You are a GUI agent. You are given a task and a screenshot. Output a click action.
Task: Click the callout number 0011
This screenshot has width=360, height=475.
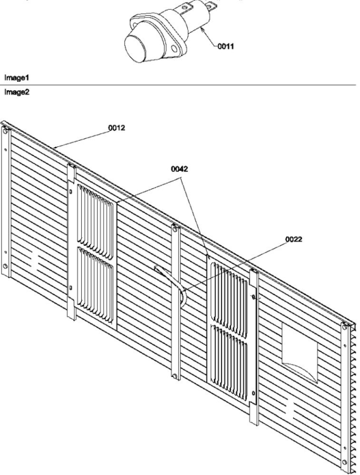click(225, 46)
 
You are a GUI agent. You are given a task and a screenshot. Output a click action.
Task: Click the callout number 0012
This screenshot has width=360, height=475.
click(117, 128)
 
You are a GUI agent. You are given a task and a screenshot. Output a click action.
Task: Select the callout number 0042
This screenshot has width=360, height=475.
click(179, 169)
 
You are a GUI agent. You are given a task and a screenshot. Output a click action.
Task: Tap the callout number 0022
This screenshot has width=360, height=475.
click(293, 239)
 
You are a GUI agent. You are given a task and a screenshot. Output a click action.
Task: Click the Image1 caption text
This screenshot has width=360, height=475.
click(16, 78)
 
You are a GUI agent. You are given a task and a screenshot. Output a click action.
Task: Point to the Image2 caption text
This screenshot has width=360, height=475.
click(16, 92)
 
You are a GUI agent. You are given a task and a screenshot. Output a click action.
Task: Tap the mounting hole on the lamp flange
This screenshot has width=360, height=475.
click(174, 48)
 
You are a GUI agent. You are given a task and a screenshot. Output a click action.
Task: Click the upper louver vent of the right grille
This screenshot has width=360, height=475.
click(229, 300)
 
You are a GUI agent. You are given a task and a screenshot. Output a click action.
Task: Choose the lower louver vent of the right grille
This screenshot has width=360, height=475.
click(229, 363)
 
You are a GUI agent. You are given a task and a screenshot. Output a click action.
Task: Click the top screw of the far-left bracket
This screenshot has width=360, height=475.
click(5, 131)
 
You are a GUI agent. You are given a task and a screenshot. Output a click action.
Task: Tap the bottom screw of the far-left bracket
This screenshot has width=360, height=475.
click(5, 266)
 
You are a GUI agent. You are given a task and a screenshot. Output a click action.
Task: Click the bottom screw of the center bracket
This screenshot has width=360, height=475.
click(175, 376)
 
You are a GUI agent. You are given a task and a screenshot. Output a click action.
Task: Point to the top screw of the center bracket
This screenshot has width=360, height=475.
click(175, 229)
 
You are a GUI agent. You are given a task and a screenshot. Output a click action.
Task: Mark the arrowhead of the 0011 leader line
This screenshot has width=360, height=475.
click(201, 28)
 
